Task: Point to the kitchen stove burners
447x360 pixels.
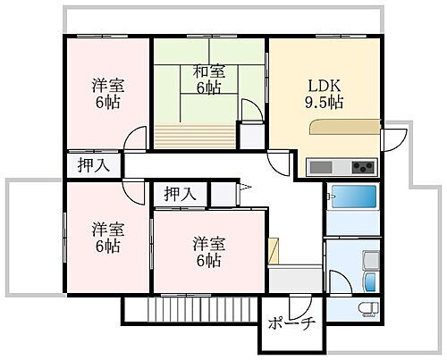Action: pos(361,166)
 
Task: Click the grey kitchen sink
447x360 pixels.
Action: pos(322,166)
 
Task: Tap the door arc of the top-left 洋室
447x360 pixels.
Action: pos(134,139)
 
